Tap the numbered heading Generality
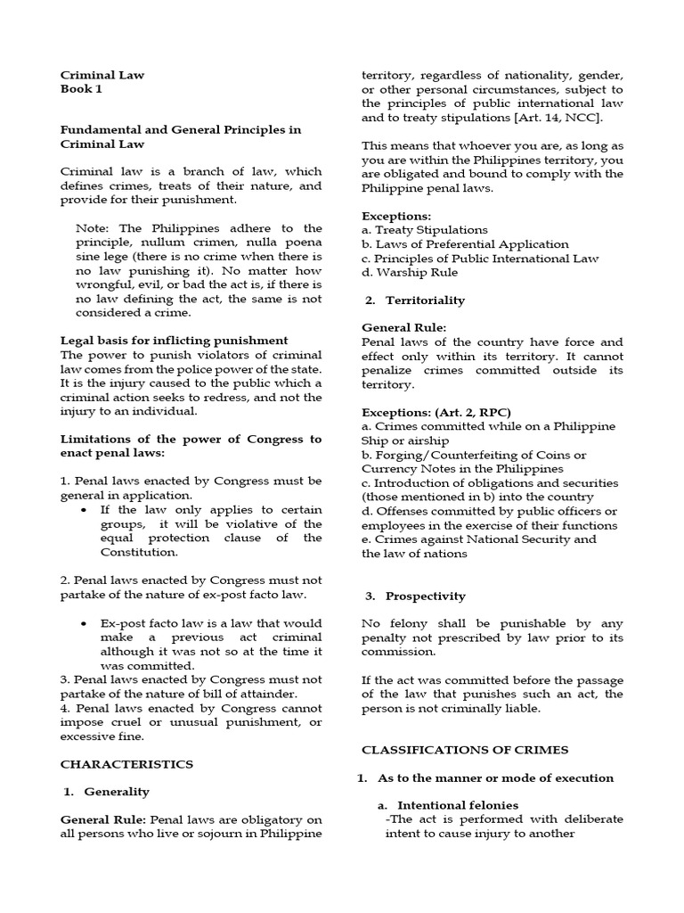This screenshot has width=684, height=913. click(x=117, y=791)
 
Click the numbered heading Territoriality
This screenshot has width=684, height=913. click(x=425, y=300)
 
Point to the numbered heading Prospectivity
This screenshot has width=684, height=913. click(x=425, y=596)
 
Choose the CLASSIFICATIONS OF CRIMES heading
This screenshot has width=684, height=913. click(x=463, y=750)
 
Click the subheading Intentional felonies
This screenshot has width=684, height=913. click(x=457, y=804)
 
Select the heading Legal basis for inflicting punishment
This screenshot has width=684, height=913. click(x=174, y=340)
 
